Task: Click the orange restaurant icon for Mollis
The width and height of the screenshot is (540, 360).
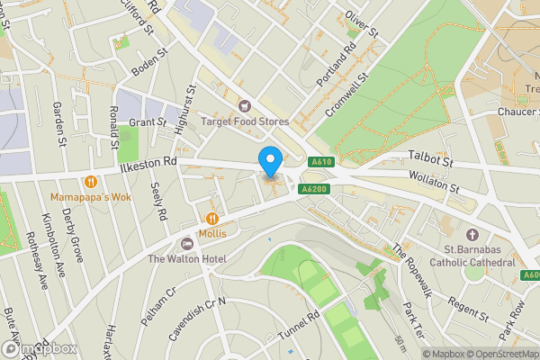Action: click(212, 218)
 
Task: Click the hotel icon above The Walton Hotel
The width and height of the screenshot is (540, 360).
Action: click(187, 244)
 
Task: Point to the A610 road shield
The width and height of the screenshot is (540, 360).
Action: click(322, 162)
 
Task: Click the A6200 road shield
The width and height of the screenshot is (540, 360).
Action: click(314, 189)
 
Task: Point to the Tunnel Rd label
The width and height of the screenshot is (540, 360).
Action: click(301, 326)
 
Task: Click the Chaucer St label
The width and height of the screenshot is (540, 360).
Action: click(517, 112)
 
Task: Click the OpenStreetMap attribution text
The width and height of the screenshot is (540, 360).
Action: click(499, 354)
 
